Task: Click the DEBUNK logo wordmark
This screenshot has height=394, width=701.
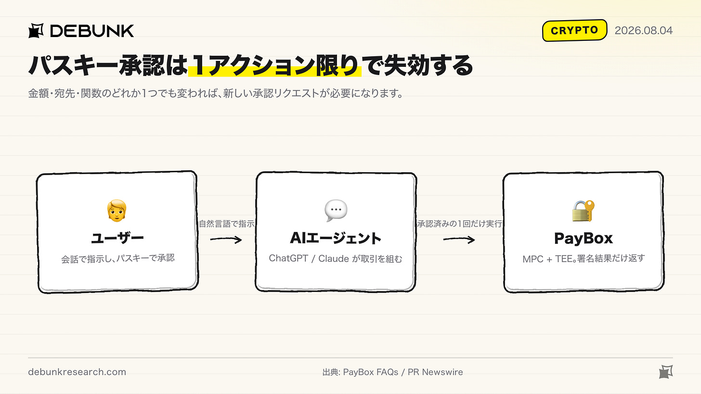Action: (x=92, y=31)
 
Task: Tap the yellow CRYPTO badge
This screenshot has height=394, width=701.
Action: (x=574, y=30)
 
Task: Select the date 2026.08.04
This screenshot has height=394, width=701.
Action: (x=643, y=30)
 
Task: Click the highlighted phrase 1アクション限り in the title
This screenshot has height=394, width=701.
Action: (x=275, y=65)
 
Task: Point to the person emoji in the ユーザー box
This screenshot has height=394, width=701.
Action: (x=117, y=210)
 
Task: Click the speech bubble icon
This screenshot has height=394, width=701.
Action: (x=336, y=210)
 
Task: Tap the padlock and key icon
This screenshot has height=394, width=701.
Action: (x=584, y=211)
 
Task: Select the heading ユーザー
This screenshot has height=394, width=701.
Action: (x=117, y=238)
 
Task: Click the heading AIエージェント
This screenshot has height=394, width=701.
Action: (x=336, y=238)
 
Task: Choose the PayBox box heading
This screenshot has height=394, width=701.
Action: (x=584, y=238)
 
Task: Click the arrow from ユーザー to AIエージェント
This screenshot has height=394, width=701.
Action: (x=226, y=240)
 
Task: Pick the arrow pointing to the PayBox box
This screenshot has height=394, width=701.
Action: (x=459, y=240)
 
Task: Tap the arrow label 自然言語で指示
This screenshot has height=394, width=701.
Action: (x=227, y=224)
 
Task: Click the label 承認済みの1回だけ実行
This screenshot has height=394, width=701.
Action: (x=459, y=224)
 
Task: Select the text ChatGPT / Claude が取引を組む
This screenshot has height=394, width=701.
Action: (x=336, y=259)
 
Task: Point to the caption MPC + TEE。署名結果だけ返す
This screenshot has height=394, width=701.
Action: (x=584, y=259)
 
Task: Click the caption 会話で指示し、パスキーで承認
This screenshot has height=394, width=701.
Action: (x=117, y=259)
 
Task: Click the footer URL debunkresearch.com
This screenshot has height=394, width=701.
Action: (x=77, y=372)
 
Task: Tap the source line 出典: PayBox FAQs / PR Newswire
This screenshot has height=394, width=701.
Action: (x=392, y=372)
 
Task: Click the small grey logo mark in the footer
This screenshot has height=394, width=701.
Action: (x=666, y=372)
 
